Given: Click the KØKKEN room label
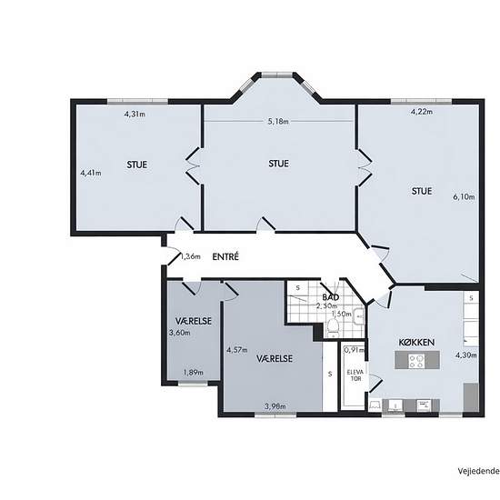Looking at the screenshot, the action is coord(416,343).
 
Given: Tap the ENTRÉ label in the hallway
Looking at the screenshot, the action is coord(225,256).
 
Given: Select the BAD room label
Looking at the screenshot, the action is coord(330,297).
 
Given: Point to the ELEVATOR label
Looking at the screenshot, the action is coord(355,375).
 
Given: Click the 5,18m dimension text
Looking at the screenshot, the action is coord(278,121).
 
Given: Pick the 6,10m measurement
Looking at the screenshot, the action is coord(464,196).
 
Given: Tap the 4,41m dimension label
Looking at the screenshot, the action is coord(91,173).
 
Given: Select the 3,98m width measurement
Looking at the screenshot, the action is coord(275,406).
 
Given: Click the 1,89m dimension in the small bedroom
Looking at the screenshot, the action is coord(194,372).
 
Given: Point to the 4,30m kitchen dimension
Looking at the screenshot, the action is coord(465,355).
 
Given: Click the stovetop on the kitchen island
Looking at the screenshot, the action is coord(417,360).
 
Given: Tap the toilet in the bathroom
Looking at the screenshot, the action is coord(333,328).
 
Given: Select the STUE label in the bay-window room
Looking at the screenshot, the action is coord(279,164).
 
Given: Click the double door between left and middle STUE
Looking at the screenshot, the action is coord(194,165).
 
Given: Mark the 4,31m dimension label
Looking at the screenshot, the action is coord(135,114).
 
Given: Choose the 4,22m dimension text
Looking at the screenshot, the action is coord(422,112).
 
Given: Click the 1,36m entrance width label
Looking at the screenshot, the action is coord(191,256).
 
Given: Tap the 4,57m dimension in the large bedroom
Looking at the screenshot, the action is coord(237,350).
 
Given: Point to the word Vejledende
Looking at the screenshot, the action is coord(479,471).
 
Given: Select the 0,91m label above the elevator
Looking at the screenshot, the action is coord(354,350).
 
